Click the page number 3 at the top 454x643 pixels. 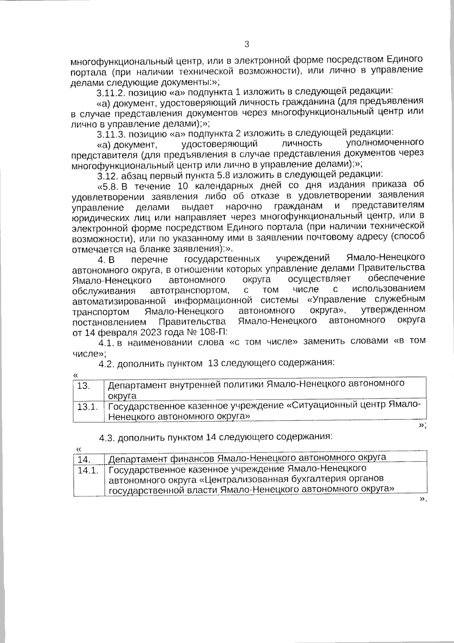pyautogui.click(x=247, y=45)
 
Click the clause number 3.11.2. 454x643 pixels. pyautogui.click(x=110, y=93)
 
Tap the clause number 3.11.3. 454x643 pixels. pyautogui.click(x=110, y=135)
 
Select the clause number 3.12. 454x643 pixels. pyautogui.click(x=107, y=176)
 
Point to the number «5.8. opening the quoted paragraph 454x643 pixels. pyautogui.click(x=109, y=186)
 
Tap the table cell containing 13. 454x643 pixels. pyautogui.click(x=84, y=386)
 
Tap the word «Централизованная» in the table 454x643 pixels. pyautogui.click(x=247, y=479)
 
